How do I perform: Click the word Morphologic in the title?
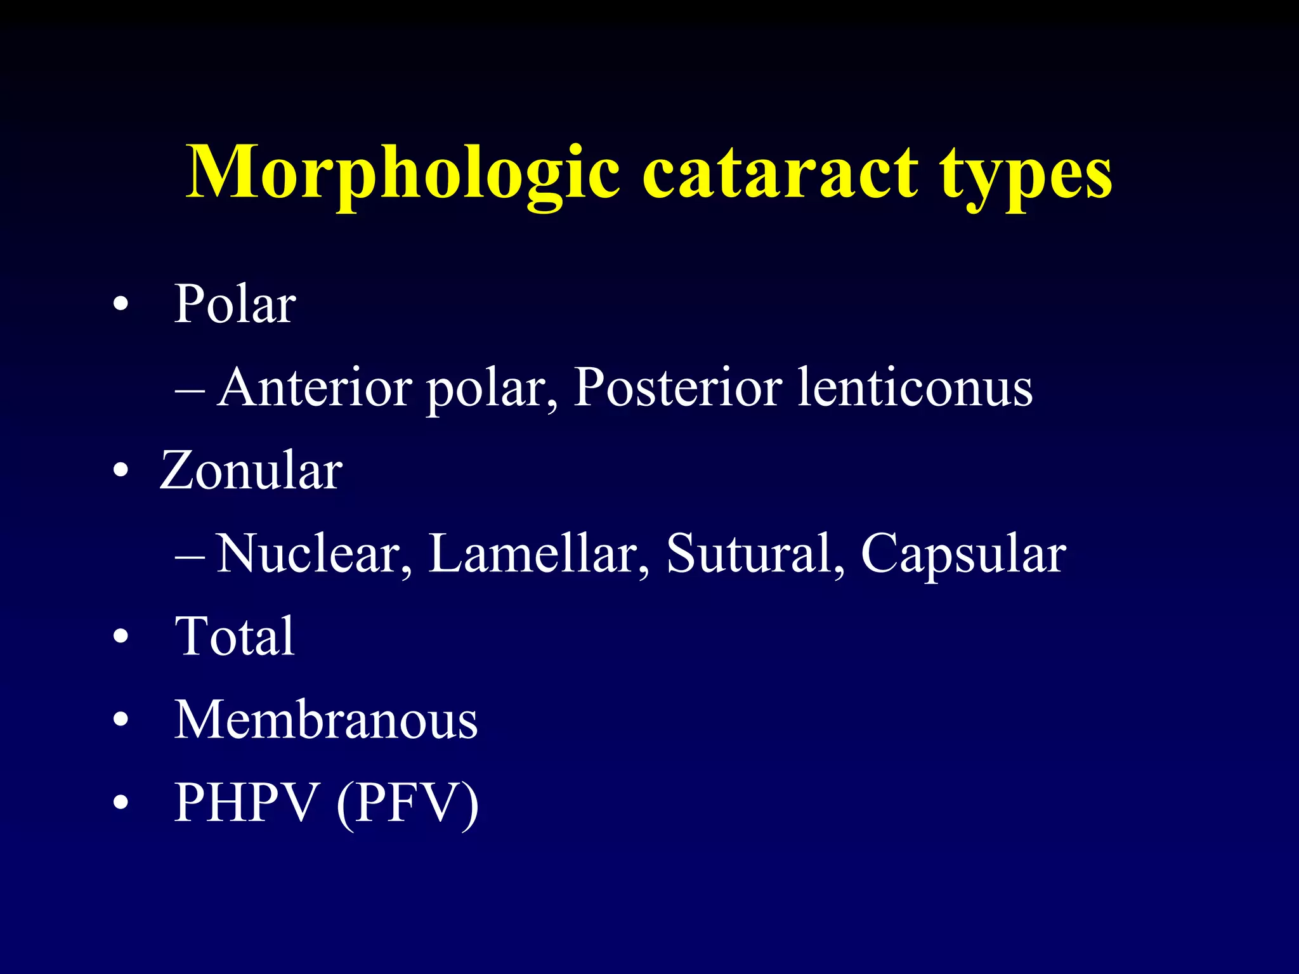[403, 173]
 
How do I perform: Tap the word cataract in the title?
[780, 173]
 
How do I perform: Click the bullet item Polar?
[235, 304]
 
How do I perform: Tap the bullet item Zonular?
[251, 471]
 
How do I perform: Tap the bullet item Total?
[235, 637]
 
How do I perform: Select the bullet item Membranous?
[326, 720]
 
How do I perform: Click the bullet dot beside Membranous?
[121, 721]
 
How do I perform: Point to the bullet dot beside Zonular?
[121, 472]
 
